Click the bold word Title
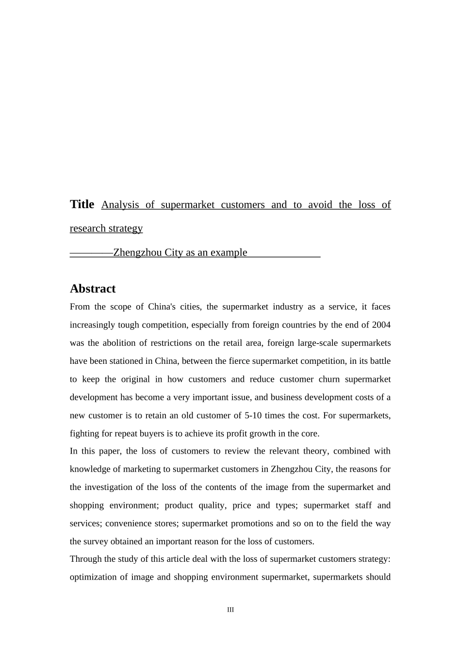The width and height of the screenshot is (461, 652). (x=82, y=204)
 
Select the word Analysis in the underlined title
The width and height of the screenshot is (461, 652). (x=120, y=205)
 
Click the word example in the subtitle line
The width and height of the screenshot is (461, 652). (x=229, y=252)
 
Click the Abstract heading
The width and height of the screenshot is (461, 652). (x=93, y=289)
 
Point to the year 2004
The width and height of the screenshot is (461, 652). (x=381, y=325)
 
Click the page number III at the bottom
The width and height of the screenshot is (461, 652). (x=230, y=610)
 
